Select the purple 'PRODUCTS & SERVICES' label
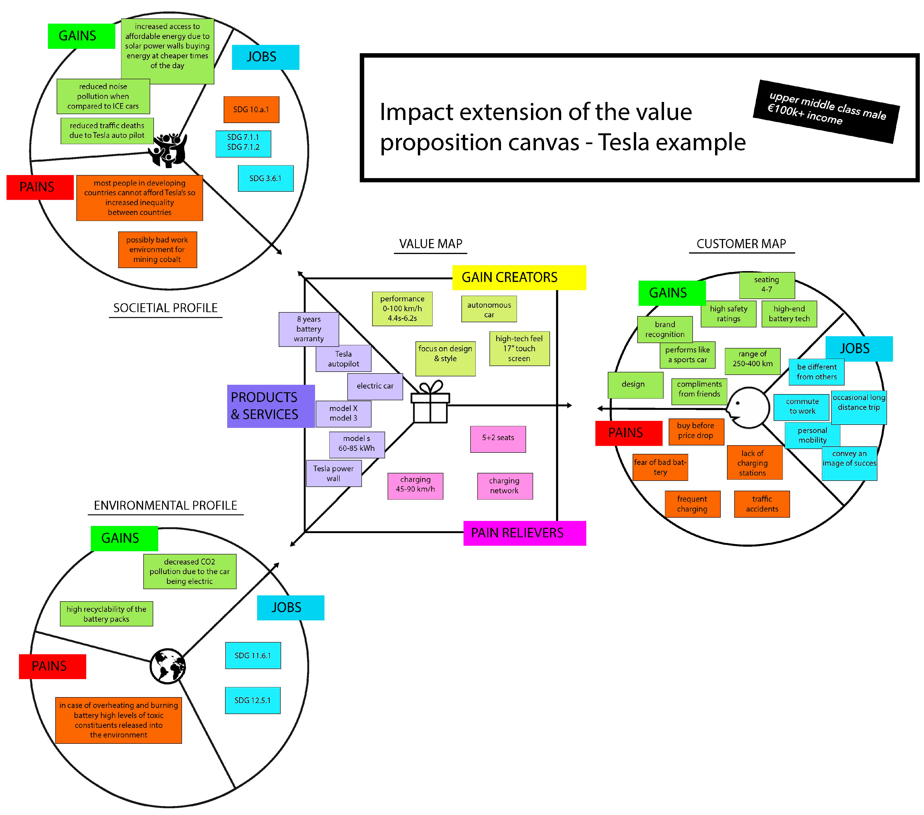point(270,406)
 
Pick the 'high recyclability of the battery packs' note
point(106,614)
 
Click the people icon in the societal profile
point(169,150)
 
